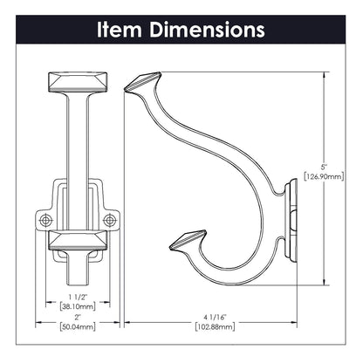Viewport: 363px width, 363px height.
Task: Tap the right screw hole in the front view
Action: pyautogui.click(x=109, y=220)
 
